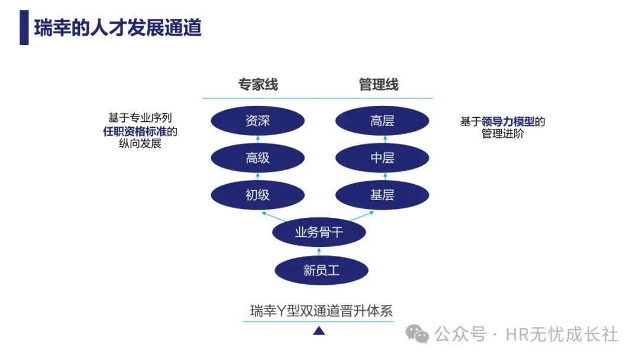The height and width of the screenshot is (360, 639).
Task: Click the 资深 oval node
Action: [x=258, y=121]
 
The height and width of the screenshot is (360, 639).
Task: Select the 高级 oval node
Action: [x=258, y=158]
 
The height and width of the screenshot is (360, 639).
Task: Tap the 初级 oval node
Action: [x=258, y=195]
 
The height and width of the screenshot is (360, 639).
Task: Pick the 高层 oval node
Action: [x=382, y=121]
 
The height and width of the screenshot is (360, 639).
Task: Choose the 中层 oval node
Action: [x=382, y=158]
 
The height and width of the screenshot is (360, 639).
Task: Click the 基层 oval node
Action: [x=382, y=195]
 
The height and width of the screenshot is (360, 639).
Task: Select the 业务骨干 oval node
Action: [x=319, y=233]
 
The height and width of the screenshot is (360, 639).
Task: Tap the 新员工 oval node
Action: [x=321, y=271]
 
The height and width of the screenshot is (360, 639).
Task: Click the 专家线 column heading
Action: [x=258, y=85]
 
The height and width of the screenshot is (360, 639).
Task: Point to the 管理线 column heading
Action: [x=379, y=85]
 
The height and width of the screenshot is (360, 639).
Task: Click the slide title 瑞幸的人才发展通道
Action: [x=118, y=28]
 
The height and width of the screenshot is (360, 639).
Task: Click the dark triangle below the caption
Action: [x=319, y=331]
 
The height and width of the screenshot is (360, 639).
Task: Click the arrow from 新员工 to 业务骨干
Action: [x=320, y=252]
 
